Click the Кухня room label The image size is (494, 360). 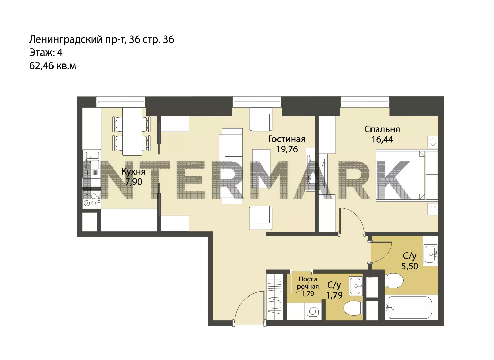point(134,171)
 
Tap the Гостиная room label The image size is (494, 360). point(287,139)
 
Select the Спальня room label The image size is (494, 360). point(382,129)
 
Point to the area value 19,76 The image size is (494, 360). point(287,149)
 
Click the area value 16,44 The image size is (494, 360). point(382,140)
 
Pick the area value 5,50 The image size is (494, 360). point(410,266)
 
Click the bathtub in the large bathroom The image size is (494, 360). point(410,307)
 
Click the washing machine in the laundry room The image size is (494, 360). point(313,312)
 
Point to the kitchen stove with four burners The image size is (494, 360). point(92,200)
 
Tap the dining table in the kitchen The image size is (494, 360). point(132,131)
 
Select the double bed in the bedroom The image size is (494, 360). point(407,176)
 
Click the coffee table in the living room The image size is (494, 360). point(261,169)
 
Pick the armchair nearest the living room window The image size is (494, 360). point(261,119)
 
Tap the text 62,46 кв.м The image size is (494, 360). point(53,66)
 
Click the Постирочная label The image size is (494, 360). point(308,283)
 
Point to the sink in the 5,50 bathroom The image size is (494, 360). point(430,254)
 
